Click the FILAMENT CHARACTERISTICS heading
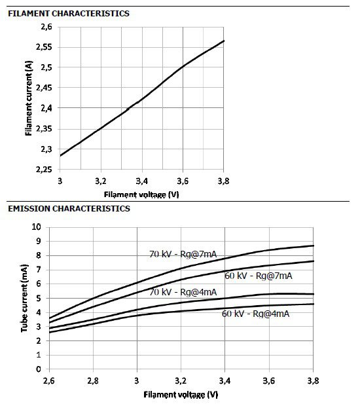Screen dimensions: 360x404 click(x=69, y=13)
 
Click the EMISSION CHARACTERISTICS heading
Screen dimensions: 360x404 click(x=69, y=208)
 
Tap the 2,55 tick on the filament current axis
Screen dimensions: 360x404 click(x=44, y=47)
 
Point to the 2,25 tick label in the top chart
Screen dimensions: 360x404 click(x=44, y=170)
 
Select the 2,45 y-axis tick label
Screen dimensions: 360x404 click(x=44, y=88)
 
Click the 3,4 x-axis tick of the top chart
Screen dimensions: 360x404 click(x=141, y=181)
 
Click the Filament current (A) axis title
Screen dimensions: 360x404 click(x=29, y=98)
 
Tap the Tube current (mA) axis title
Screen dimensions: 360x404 click(x=24, y=298)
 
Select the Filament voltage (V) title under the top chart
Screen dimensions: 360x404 click(x=141, y=194)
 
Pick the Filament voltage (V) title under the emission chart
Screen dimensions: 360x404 click(x=181, y=394)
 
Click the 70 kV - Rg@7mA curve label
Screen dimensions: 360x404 click(x=183, y=254)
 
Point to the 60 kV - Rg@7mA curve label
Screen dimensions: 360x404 click(x=259, y=276)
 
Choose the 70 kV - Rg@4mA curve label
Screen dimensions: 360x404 click(x=183, y=292)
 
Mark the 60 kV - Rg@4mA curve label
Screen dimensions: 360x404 click(x=255, y=314)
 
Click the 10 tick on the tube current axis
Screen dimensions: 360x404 click(x=36, y=227)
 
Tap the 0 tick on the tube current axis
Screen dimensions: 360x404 click(x=39, y=369)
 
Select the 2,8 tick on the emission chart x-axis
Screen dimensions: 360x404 click(x=93, y=380)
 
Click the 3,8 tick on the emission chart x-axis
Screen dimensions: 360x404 click(x=313, y=380)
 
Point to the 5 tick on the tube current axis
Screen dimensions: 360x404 click(x=39, y=298)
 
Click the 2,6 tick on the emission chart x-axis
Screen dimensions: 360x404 click(x=49, y=380)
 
